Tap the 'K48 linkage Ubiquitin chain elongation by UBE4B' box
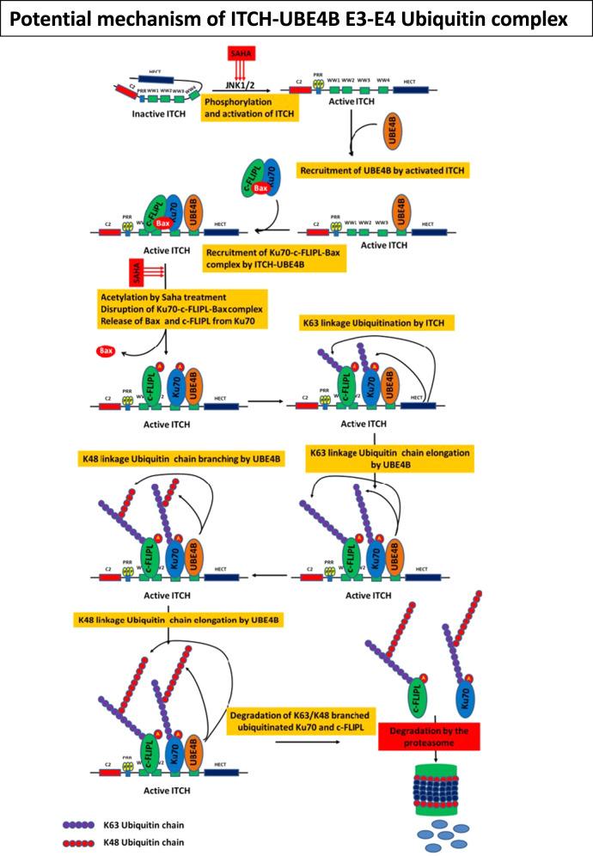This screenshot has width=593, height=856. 180,619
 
